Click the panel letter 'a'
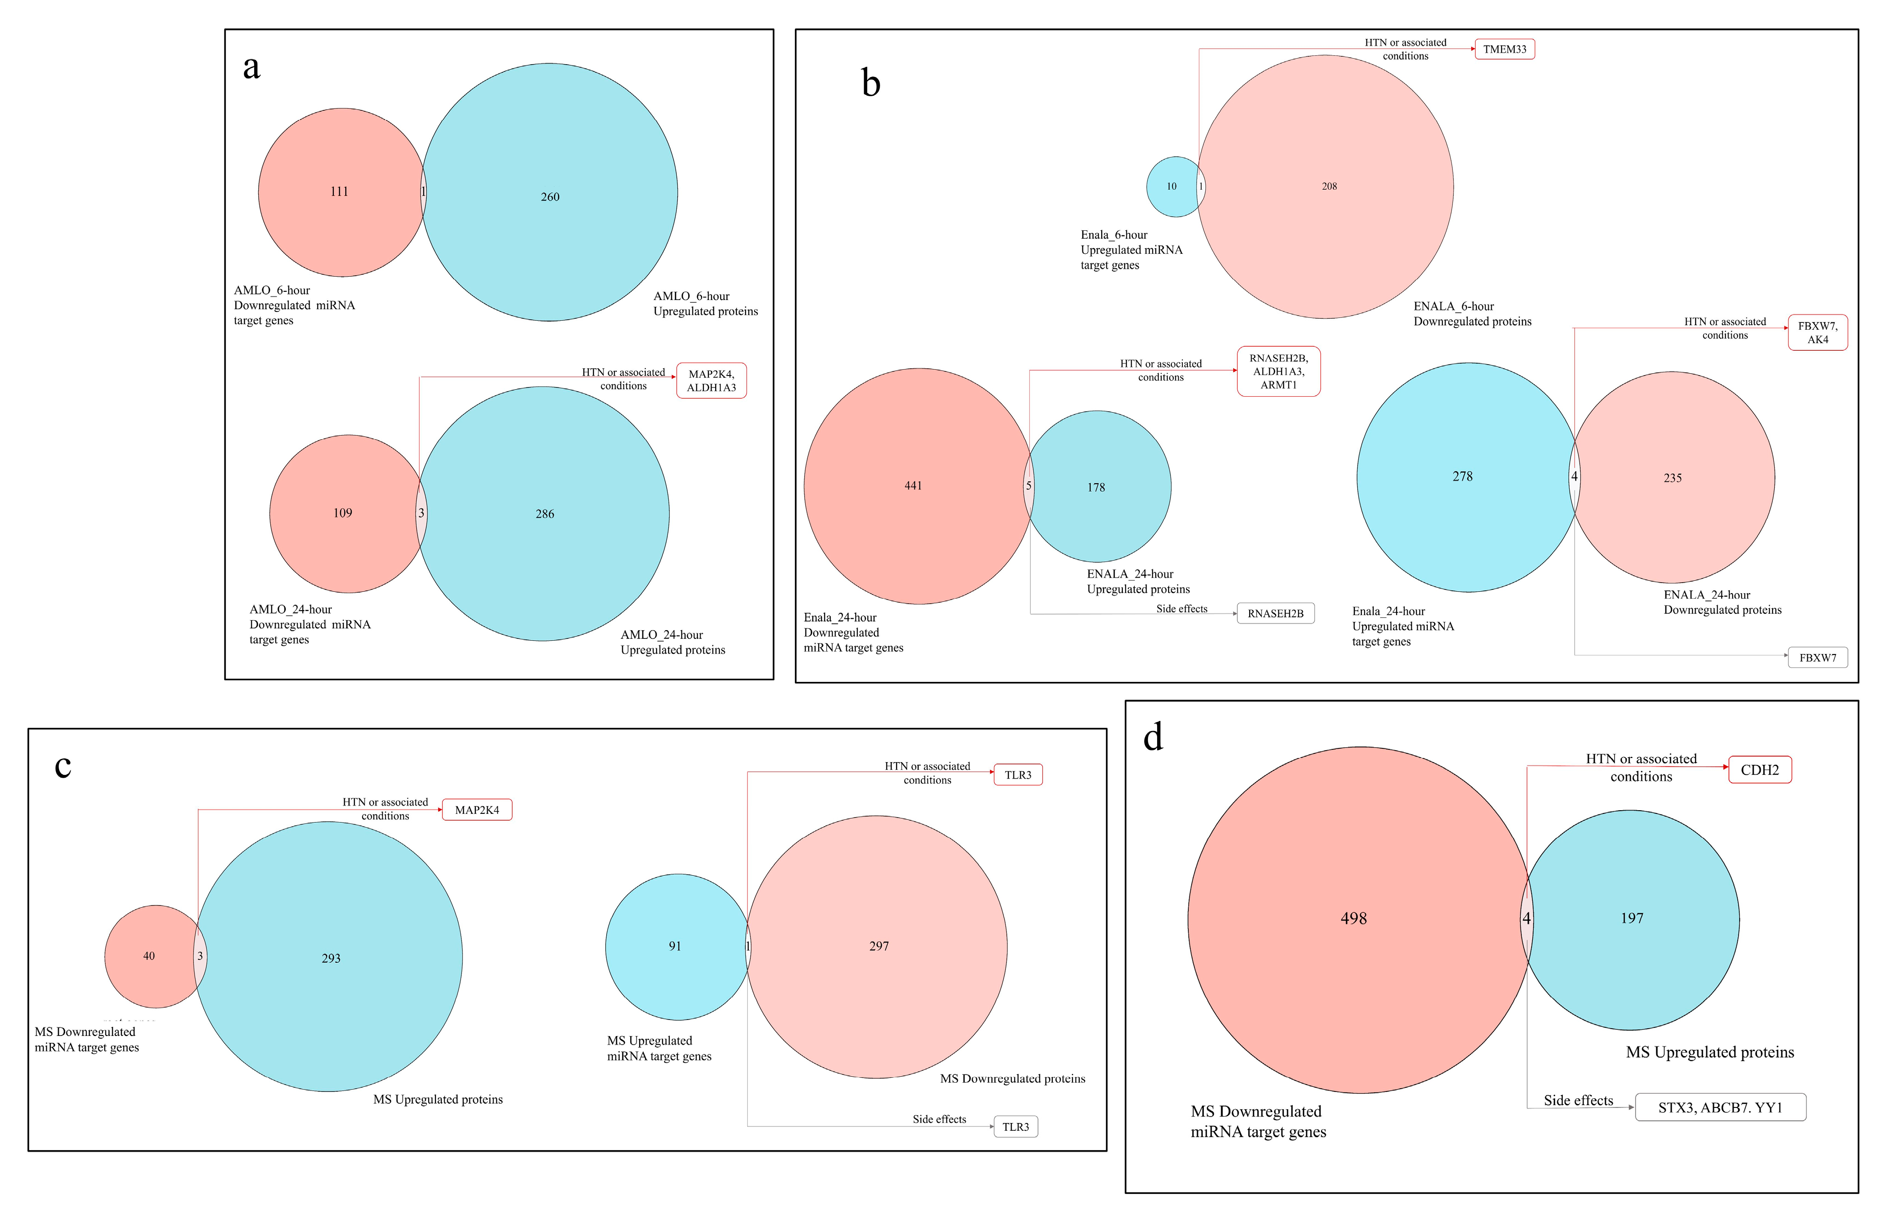251,68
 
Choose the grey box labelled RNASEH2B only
1275,614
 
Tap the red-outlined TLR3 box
1017,774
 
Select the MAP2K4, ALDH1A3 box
711,381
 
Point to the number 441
913,485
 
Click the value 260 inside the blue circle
549,196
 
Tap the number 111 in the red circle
339,191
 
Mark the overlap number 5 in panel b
1028,485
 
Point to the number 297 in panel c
879,946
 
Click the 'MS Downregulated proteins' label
1012,1079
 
